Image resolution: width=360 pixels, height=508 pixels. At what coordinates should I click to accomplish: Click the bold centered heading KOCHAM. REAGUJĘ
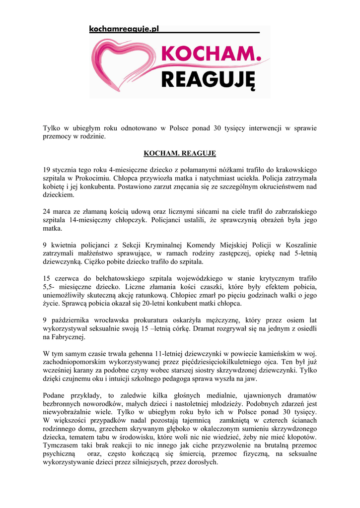180,153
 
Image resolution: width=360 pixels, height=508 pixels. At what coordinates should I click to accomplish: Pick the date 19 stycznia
62,170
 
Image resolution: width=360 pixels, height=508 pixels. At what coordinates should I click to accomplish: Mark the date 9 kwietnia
59,245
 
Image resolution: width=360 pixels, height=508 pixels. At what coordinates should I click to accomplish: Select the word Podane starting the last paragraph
56,395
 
